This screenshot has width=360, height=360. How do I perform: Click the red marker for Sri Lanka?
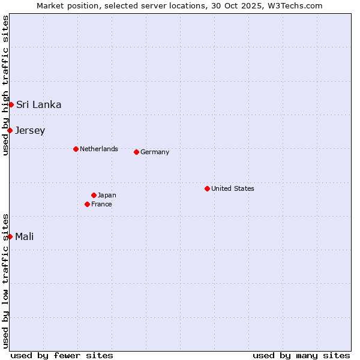tap(11, 104)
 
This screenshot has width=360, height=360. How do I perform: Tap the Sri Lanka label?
tap(38, 104)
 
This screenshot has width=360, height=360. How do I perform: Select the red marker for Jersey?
tap(10, 130)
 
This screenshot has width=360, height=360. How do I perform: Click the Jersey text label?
tap(30, 130)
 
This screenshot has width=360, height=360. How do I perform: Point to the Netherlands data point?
tap(76, 149)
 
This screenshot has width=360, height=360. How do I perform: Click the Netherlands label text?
tap(98, 149)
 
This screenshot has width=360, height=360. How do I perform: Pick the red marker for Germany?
tap(136, 152)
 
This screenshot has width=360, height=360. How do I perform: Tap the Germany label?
tap(155, 152)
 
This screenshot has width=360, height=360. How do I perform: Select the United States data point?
tap(207, 188)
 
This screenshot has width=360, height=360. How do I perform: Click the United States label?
tap(232, 188)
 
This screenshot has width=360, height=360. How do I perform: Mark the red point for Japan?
tap(94, 195)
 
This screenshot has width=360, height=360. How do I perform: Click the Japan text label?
tap(107, 195)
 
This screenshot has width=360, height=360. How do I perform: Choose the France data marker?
tap(87, 204)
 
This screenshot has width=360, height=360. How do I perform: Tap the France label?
tap(101, 204)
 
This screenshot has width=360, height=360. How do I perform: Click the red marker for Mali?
tap(10, 236)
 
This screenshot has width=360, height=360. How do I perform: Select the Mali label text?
tap(24, 236)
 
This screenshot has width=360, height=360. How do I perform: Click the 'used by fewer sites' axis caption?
tap(62, 355)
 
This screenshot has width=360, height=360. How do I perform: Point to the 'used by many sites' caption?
tap(301, 355)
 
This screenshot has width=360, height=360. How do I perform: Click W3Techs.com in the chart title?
tap(295, 5)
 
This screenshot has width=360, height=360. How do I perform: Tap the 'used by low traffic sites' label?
tap(5, 281)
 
